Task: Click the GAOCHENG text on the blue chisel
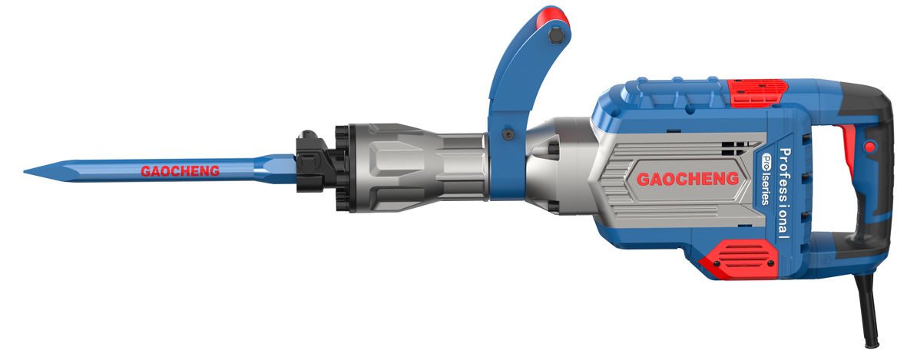click(180, 171)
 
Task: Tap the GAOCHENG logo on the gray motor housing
click(688, 179)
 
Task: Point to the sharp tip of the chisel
click(25, 171)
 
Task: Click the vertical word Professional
click(784, 193)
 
